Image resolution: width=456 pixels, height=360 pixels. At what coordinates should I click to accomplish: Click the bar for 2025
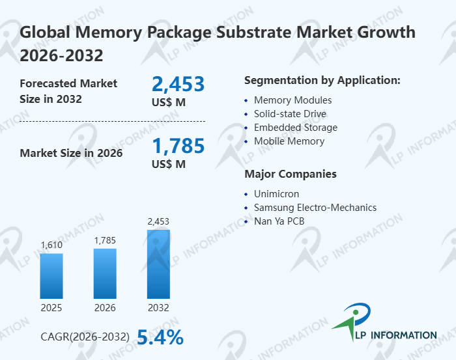(x=51, y=275)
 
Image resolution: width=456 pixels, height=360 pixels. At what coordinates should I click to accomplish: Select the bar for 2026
(x=105, y=273)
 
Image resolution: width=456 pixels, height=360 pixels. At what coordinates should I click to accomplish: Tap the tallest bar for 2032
(x=158, y=264)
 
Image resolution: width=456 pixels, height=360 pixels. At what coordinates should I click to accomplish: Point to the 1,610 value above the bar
(x=51, y=245)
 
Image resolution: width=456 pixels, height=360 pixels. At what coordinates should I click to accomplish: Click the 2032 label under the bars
(x=158, y=308)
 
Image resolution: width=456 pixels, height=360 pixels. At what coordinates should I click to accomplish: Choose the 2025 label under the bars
(x=51, y=308)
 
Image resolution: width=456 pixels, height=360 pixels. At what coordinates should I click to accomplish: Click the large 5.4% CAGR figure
(x=160, y=337)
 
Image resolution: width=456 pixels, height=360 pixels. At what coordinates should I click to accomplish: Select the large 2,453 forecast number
(x=178, y=84)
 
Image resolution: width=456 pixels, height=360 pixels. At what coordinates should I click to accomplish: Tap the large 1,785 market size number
(x=178, y=145)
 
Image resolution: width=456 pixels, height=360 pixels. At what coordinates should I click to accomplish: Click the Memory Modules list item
(x=292, y=100)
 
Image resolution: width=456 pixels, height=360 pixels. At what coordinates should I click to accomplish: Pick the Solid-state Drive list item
(x=290, y=114)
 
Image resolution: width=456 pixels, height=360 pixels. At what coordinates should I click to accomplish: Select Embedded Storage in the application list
(x=295, y=128)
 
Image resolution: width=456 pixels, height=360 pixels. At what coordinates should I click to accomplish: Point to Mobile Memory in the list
(x=289, y=141)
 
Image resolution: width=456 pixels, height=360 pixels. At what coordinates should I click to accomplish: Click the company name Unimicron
(x=278, y=194)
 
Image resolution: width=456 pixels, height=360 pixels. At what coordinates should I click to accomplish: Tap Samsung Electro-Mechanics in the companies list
(x=315, y=208)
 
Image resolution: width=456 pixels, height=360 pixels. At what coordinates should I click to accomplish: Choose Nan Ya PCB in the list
(x=279, y=221)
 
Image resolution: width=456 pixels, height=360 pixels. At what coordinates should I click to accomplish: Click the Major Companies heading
(x=290, y=174)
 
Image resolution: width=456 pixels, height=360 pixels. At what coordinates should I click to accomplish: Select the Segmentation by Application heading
(x=322, y=81)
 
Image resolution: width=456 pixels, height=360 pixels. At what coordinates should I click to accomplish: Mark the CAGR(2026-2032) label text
(x=85, y=337)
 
